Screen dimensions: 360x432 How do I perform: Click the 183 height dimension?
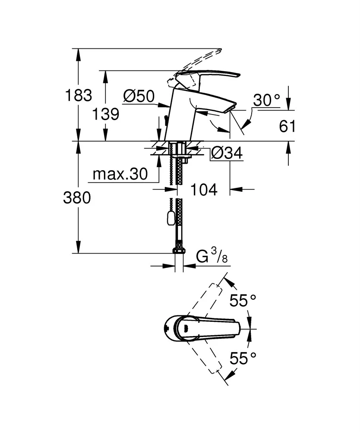[x=79, y=95]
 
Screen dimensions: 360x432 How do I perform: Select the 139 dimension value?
[x=106, y=114]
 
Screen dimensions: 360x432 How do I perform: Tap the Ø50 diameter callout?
[x=139, y=96]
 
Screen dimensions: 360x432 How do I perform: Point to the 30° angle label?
[x=266, y=100]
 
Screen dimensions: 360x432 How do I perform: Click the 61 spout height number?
[x=287, y=127]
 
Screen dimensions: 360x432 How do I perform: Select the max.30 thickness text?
[x=120, y=174]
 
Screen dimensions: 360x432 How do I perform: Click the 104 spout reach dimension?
[x=204, y=190]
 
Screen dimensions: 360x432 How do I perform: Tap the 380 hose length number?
[x=77, y=198]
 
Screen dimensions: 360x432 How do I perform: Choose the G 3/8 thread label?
[x=212, y=256]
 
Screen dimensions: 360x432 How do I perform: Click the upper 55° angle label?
[x=243, y=300]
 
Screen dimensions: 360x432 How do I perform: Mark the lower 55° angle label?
[x=243, y=358]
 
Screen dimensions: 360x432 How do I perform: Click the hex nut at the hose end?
[x=179, y=250]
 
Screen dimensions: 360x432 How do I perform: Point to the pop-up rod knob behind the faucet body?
[x=165, y=119]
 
